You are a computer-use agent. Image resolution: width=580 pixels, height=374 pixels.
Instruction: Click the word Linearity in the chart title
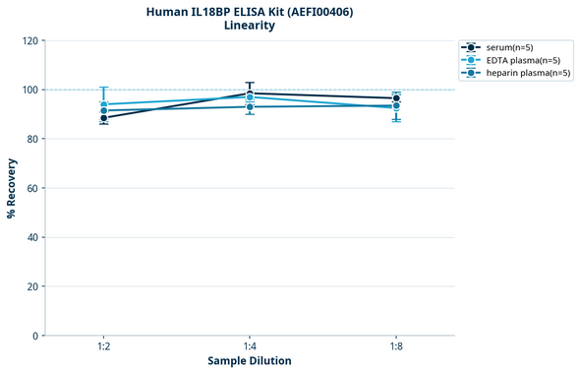(250, 26)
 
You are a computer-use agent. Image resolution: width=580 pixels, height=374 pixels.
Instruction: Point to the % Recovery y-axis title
(12, 187)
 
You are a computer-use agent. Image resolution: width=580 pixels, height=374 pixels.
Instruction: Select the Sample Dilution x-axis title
(250, 361)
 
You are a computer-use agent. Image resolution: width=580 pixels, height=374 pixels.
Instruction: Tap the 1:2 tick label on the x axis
(103, 346)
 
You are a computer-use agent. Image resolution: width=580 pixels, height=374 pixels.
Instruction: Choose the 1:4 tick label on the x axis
(250, 346)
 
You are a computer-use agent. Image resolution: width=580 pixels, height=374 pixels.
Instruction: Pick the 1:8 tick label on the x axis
(396, 346)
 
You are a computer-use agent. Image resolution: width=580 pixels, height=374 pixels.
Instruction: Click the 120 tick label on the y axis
(30, 40)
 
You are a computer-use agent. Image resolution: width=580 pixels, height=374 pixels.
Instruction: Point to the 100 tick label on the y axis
(30, 90)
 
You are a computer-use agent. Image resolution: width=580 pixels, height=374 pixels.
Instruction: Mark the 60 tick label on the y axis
(33, 188)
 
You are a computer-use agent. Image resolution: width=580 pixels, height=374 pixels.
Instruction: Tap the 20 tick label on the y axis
(33, 286)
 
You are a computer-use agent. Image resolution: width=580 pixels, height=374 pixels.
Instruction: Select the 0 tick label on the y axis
(36, 336)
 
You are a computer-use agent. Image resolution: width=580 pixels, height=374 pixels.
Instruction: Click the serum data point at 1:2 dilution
(103, 118)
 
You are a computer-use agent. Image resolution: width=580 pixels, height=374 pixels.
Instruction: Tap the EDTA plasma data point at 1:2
(103, 104)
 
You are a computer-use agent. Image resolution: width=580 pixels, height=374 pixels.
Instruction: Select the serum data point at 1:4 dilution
(250, 93)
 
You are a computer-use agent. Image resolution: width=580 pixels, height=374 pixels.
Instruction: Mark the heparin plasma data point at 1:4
(250, 106)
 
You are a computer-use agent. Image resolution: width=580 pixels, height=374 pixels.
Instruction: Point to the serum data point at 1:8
(396, 98)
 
